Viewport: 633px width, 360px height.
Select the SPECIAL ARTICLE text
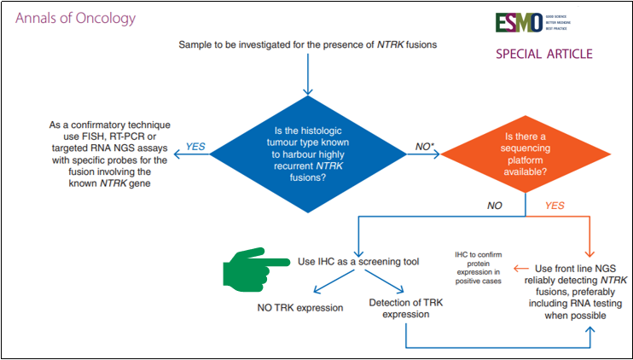(x=543, y=55)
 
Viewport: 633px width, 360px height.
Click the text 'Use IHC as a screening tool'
(x=357, y=261)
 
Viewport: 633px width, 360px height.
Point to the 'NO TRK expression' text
(x=301, y=306)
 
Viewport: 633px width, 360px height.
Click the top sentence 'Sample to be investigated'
(x=308, y=44)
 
